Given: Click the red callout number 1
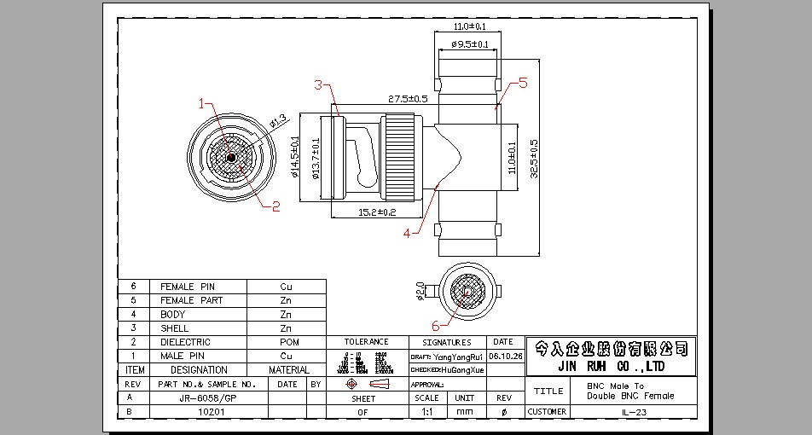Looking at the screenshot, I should pos(202,104).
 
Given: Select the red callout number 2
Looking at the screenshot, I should pos(275,206).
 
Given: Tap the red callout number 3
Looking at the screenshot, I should pos(317,84).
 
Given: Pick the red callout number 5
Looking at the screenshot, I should pos(523,83).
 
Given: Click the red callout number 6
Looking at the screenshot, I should pos(436,325).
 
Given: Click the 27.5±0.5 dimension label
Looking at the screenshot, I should pos(408,99).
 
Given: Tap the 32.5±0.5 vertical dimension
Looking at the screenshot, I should pos(534,159).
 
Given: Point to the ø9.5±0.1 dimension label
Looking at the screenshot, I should pos(470,44).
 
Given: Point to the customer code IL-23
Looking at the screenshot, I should pos(635,412).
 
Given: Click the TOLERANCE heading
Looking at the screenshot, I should pos(367,342).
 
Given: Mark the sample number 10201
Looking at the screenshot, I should pos(211,412).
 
